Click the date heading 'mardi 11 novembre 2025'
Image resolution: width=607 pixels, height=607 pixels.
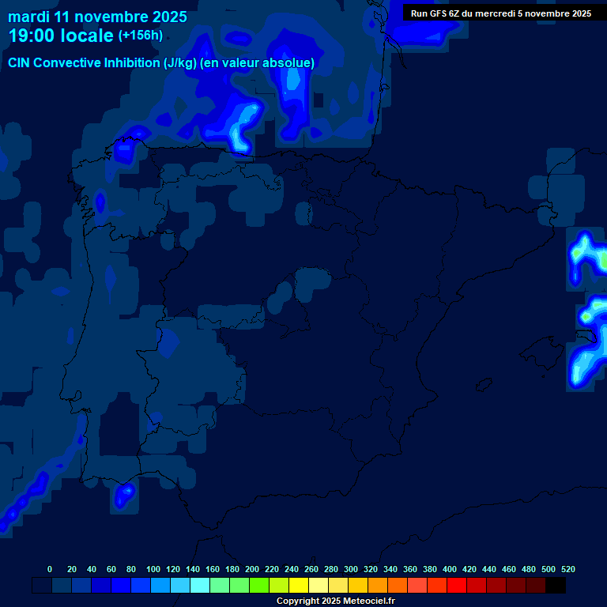(97, 17)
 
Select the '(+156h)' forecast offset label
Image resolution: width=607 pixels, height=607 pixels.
(140, 36)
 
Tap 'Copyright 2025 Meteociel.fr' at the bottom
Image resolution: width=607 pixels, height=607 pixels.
(335, 601)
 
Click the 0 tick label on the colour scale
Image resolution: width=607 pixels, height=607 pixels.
(50, 569)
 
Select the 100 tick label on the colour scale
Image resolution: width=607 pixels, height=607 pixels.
(153, 569)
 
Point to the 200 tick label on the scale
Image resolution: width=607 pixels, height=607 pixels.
(252, 569)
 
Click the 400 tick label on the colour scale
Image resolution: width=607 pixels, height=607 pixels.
(450, 569)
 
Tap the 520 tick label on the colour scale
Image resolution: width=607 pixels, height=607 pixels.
(567, 569)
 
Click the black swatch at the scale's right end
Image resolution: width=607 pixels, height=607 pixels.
(556, 586)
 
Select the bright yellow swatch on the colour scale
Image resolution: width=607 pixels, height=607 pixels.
(299, 586)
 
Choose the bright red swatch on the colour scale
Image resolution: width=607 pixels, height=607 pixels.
(457, 586)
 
